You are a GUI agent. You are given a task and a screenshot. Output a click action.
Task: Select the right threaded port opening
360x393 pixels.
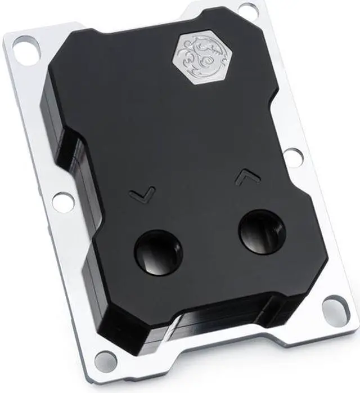[x=263, y=231]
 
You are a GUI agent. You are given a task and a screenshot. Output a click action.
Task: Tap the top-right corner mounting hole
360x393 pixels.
[x=246, y=7]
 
